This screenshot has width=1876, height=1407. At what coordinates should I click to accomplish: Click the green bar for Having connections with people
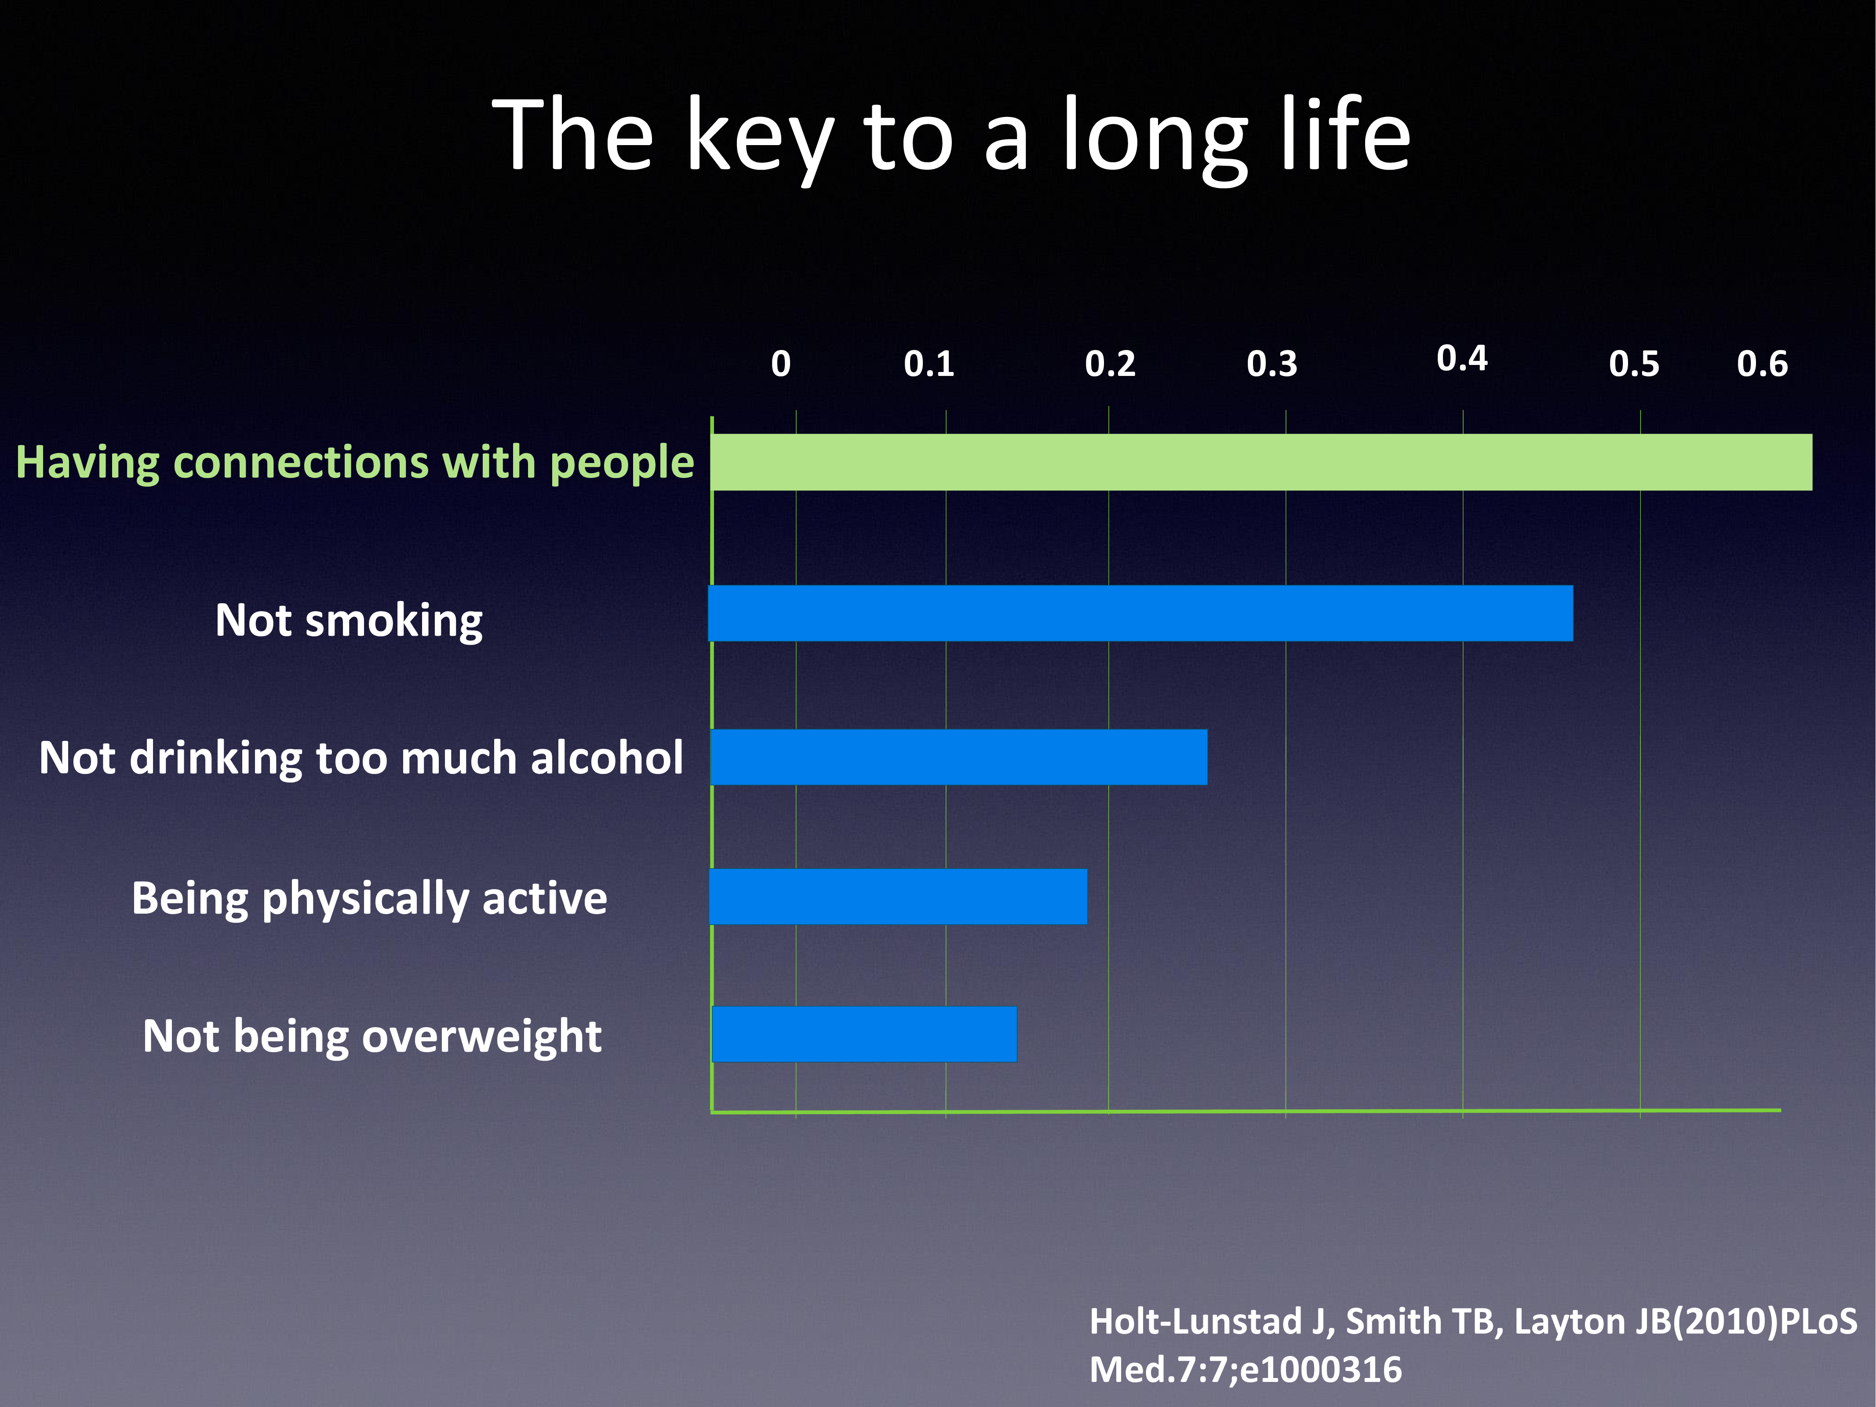(x=1261, y=462)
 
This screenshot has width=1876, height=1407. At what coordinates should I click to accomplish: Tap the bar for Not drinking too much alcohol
(x=958, y=757)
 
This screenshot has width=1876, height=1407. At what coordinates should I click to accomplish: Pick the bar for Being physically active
(x=898, y=897)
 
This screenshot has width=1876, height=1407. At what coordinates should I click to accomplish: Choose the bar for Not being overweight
(x=864, y=1034)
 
